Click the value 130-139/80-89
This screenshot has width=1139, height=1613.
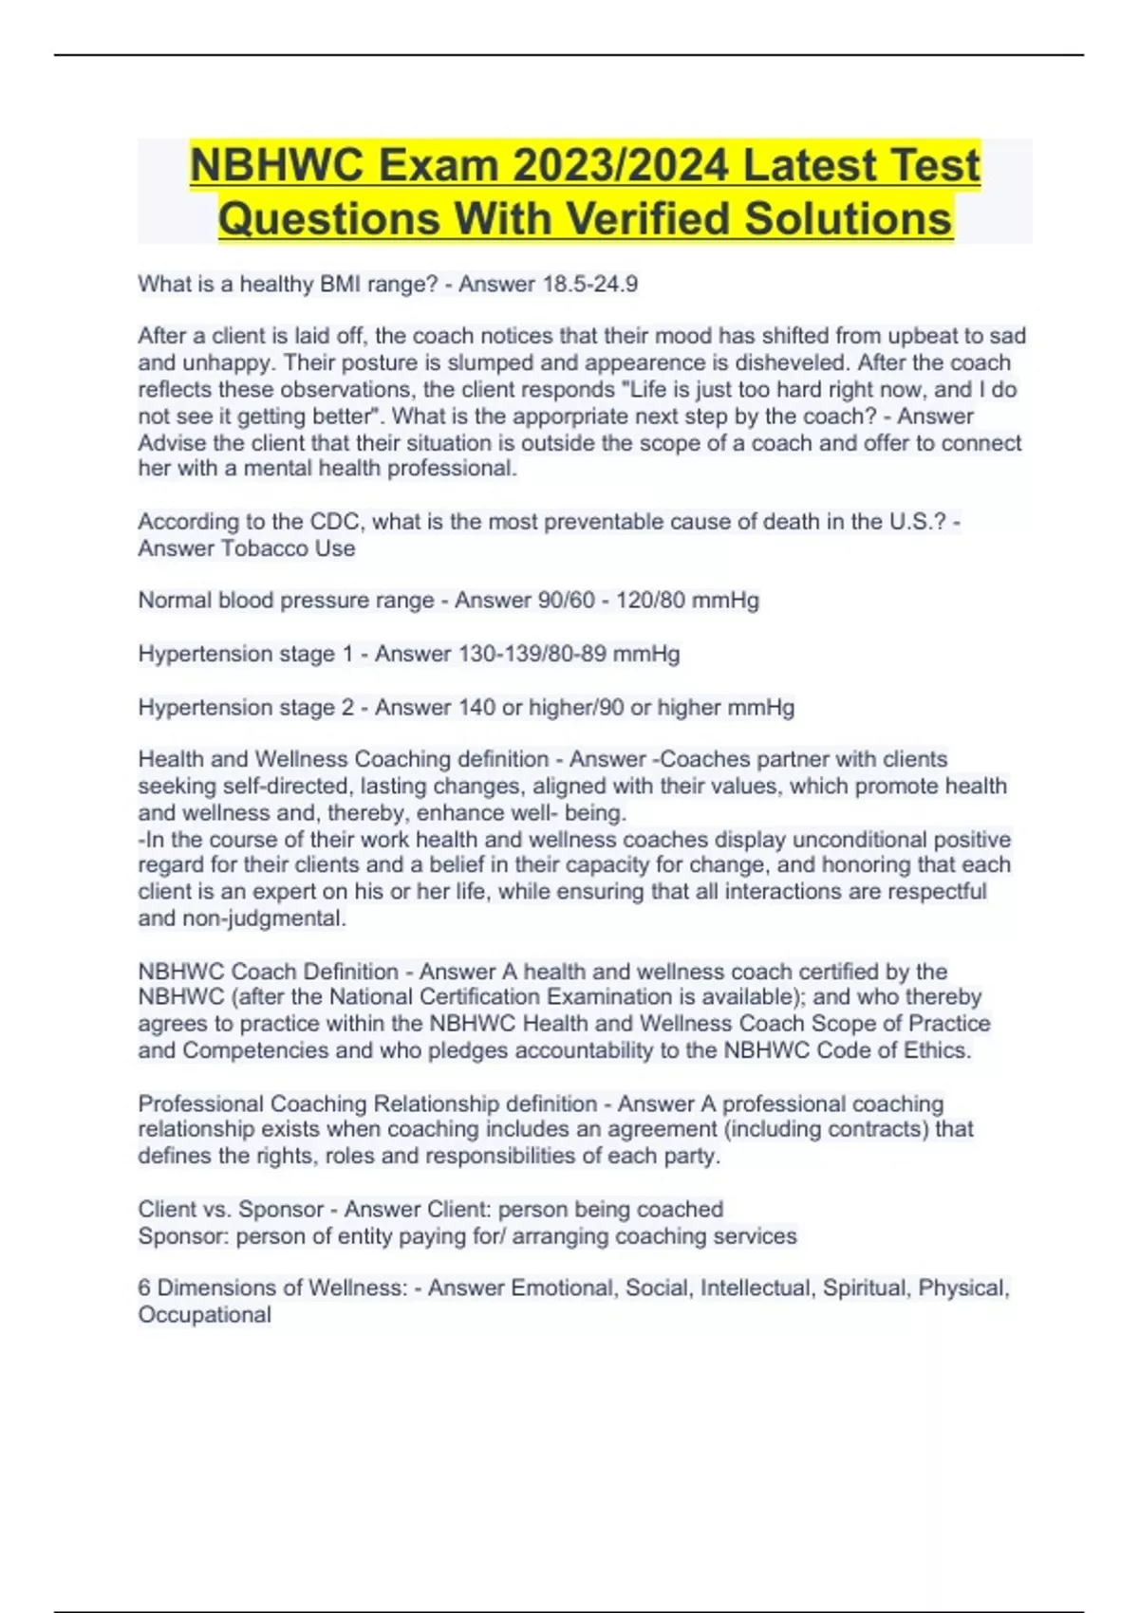(x=532, y=653)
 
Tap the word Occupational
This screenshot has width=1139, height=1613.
(x=205, y=1314)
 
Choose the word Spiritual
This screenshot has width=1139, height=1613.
(x=865, y=1288)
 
